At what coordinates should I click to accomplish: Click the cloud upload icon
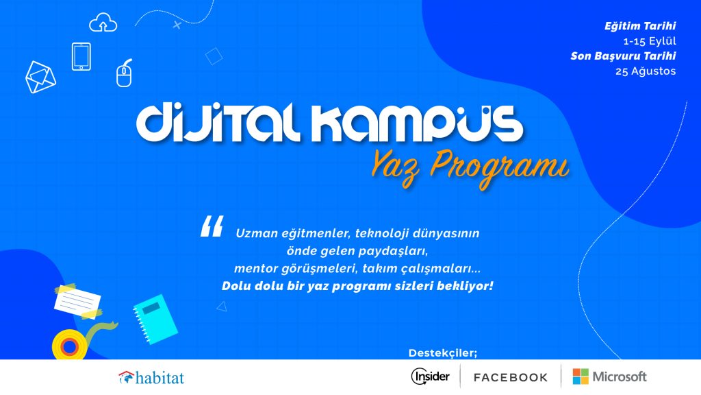pyautogui.click(x=103, y=23)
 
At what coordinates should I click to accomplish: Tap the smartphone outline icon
pyautogui.click(x=81, y=56)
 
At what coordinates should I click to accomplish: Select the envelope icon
pyautogui.click(x=40, y=77)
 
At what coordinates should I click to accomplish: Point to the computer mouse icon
pyautogui.click(x=125, y=73)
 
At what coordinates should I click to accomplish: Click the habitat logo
pyautogui.click(x=151, y=378)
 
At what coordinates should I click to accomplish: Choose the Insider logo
pyautogui.click(x=430, y=376)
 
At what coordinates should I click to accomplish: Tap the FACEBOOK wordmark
pyautogui.click(x=511, y=378)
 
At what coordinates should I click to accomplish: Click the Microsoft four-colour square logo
pyautogui.click(x=581, y=376)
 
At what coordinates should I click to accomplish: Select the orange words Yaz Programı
pyautogui.click(x=470, y=167)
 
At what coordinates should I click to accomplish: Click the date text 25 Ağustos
pyautogui.click(x=646, y=71)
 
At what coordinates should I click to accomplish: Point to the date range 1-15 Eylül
pyautogui.click(x=650, y=41)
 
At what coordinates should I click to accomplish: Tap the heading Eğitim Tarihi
pyautogui.click(x=640, y=26)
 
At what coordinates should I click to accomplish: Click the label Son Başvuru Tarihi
pyautogui.click(x=623, y=56)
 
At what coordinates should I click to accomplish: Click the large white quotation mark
pyautogui.click(x=212, y=226)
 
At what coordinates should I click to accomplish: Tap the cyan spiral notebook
pyautogui.click(x=155, y=320)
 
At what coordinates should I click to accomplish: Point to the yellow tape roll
pyautogui.click(x=70, y=346)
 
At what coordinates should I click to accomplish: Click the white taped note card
pyautogui.click(x=78, y=302)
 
